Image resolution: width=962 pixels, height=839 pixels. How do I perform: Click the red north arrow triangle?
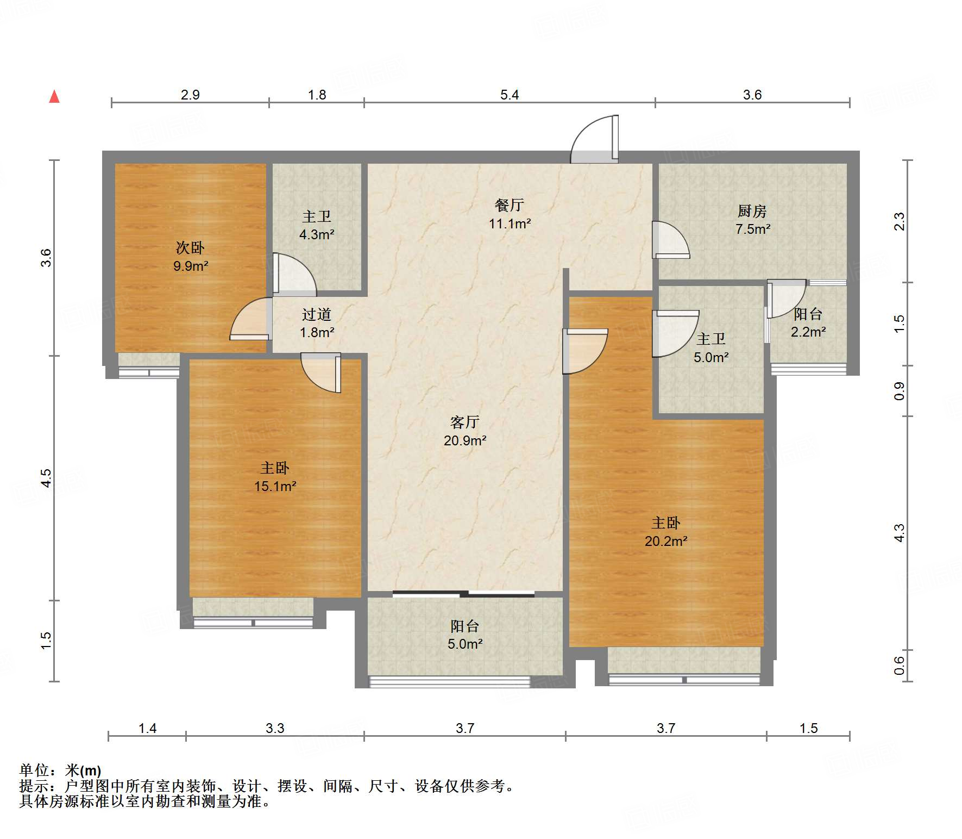coord(54,97)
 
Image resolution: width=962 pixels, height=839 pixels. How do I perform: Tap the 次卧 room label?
coord(190,248)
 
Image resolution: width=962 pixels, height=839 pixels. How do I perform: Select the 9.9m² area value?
coord(191,266)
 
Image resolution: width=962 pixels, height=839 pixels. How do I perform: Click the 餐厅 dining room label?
coord(509,205)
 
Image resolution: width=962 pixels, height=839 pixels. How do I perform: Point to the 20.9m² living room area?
coord(464,440)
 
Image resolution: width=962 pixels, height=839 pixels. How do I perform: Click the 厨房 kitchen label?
coord(752,211)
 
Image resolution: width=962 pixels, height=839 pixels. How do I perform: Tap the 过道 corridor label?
coord(317,314)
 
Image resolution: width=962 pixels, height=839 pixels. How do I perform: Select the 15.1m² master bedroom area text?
coord(275,486)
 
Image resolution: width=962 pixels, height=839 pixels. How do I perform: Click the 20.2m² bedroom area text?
coord(666,541)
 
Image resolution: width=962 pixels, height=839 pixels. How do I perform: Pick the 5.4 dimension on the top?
coord(510,95)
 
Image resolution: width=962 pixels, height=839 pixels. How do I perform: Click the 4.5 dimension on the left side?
coord(47,477)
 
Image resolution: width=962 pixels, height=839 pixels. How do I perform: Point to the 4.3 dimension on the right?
coord(900,532)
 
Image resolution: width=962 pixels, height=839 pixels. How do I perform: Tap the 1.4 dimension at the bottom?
coord(147,728)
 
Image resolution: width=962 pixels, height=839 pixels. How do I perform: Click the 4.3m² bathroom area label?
coord(317,235)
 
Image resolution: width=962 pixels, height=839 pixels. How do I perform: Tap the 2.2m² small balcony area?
coord(808,332)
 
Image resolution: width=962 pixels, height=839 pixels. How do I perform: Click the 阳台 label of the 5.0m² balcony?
coord(464,626)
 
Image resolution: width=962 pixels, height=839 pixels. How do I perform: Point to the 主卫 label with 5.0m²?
coord(711,339)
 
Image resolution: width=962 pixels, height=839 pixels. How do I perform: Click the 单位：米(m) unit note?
coord(60,770)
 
